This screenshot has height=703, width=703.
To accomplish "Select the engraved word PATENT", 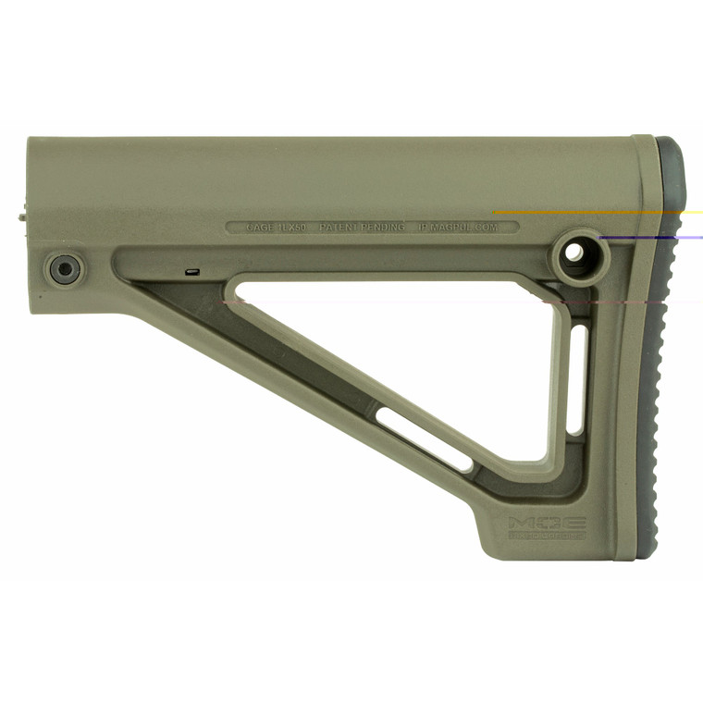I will click(339, 227).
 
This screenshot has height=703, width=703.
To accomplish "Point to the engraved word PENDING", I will click(383, 227).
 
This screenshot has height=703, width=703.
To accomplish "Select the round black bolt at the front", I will click(64, 269).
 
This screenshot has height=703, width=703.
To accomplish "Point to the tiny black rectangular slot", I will click(192, 272).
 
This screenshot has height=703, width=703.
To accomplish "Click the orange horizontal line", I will click(592, 212).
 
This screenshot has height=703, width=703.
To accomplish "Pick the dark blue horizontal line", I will click(647, 238).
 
